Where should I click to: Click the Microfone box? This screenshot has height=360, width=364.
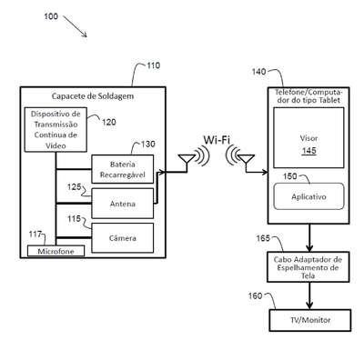[56, 251]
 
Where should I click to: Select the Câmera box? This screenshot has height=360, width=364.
[123, 238]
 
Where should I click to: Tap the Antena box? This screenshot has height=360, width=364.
[123, 204]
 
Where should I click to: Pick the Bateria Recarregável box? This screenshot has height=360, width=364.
[123, 169]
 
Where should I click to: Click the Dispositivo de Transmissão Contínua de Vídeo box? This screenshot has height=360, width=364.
[56, 130]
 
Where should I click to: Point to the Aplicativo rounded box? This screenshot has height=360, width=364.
[308, 196]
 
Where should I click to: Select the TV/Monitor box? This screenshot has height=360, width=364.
[310, 320]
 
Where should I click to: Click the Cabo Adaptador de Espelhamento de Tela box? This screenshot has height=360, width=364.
[308, 267]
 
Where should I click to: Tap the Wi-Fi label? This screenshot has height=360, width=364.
[217, 140]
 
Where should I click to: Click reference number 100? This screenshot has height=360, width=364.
[51, 16]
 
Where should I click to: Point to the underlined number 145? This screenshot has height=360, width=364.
[308, 151]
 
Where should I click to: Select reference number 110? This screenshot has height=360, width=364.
[153, 65]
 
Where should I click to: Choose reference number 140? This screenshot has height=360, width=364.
[258, 72]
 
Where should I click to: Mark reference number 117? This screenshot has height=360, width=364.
[35, 235]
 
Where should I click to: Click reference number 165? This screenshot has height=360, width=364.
[263, 238]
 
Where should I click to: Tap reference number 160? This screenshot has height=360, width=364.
[255, 295]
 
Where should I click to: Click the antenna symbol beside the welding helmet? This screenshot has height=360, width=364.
[187, 161]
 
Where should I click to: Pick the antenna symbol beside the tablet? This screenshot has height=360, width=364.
[246, 161]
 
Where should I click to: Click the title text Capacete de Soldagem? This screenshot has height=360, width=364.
[93, 96]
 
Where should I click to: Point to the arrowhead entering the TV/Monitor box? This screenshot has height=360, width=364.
[309, 305]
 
